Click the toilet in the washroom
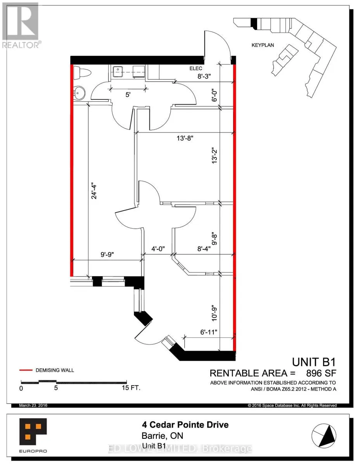[x=82, y=73]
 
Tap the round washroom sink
[x=79, y=93]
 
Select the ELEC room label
[x=196, y=68]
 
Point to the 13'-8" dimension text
[x=185, y=138]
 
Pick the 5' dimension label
[x=128, y=94]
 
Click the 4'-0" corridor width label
[x=158, y=249]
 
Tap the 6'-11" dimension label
[x=209, y=332]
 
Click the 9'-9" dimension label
[x=107, y=254]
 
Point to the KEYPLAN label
[x=263, y=45]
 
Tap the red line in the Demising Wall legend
[x=26, y=370]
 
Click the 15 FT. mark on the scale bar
[x=131, y=388]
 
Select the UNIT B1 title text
[x=314, y=362]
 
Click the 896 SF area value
[x=321, y=373]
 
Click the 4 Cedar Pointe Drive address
[x=185, y=424]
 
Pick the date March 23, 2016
[x=33, y=405]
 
